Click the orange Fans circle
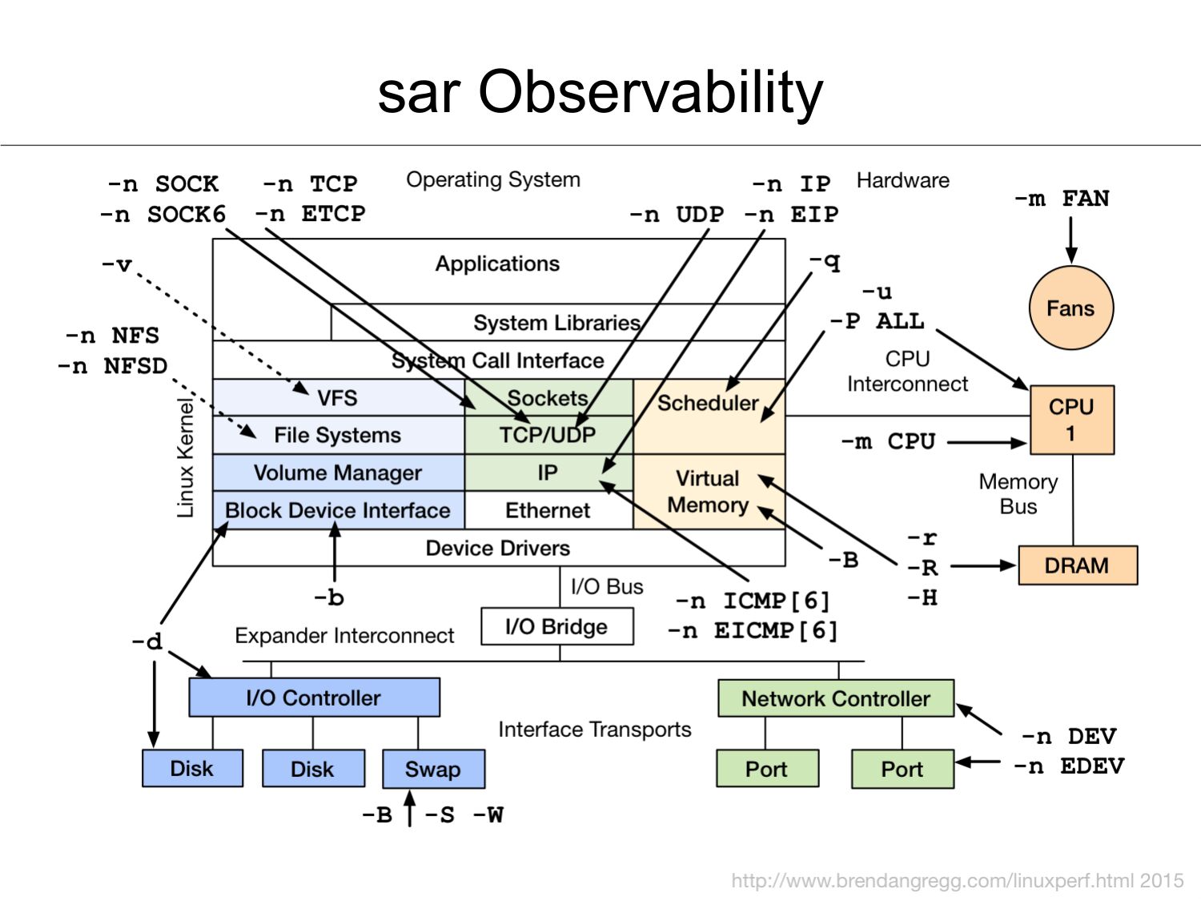click(1070, 308)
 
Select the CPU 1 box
click(1071, 420)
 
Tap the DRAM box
click(1077, 565)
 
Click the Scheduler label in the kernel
click(708, 403)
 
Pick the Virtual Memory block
click(708, 492)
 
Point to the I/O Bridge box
click(556, 626)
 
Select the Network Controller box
click(836, 698)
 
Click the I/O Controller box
click(314, 698)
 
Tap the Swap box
click(433, 769)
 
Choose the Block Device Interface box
click(338, 510)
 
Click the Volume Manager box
click(338, 473)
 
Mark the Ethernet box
click(548, 510)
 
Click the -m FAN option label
click(1062, 199)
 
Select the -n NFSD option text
click(113, 366)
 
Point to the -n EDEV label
click(1069, 766)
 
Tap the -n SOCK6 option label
click(163, 215)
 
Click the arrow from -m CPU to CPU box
click(986, 442)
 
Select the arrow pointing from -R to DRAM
click(983, 566)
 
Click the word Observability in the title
click(650, 91)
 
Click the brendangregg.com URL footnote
click(957, 881)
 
